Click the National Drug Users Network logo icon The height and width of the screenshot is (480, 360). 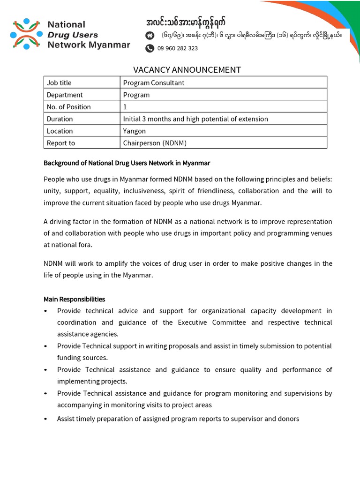click(x=26, y=34)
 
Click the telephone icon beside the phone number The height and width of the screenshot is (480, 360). click(x=150, y=48)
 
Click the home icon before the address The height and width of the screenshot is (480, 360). click(x=150, y=35)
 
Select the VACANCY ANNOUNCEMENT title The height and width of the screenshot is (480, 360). click(x=187, y=70)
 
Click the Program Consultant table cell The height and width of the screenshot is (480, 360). click(x=154, y=82)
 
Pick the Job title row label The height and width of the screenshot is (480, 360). click(x=59, y=82)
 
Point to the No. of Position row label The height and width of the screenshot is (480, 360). click(x=69, y=107)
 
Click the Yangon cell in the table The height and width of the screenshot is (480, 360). click(x=135, y=131)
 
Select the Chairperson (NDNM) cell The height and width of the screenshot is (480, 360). click(x=154, y=143)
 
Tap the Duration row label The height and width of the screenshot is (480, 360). click(x=60, y=119)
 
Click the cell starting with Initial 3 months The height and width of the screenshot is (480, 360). click(x=195, y=119)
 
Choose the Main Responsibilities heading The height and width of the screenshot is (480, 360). click(x=75, y=299)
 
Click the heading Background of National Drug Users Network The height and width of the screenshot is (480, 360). click(x=127, y=163)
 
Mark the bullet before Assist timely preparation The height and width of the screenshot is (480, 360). click(x=45, y=419)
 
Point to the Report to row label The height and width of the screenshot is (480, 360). click(x=61, y=143)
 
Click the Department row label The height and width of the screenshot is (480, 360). click(x=65, y=95)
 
